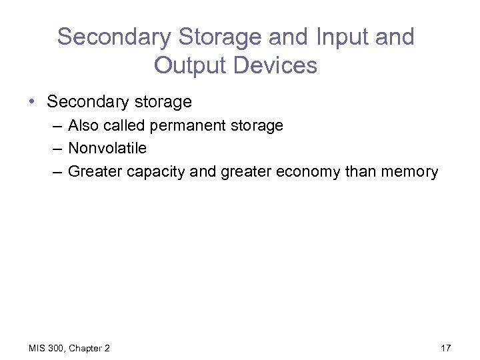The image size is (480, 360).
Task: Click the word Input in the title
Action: (x=337, y=37)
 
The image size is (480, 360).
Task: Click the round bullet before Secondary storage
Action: (x=32, y=102)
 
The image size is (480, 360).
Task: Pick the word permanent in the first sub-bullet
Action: (x=185, y=125)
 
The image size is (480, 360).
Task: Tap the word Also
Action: (x=82, y=125)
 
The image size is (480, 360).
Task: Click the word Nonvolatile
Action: (x=107, y=148)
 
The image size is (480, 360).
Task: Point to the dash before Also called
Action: (x=55, y=126)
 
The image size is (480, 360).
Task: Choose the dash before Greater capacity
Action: (x=55, y=172)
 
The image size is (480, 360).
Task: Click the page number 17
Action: (x=446, y=348)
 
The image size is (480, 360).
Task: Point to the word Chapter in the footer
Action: (x=85, y=348)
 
